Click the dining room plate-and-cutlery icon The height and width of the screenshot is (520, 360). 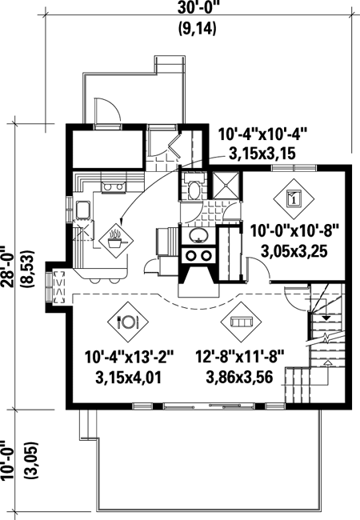coord(127,322)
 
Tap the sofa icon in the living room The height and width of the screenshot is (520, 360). coord(241,322)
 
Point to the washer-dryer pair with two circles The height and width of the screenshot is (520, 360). coord(198,256)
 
